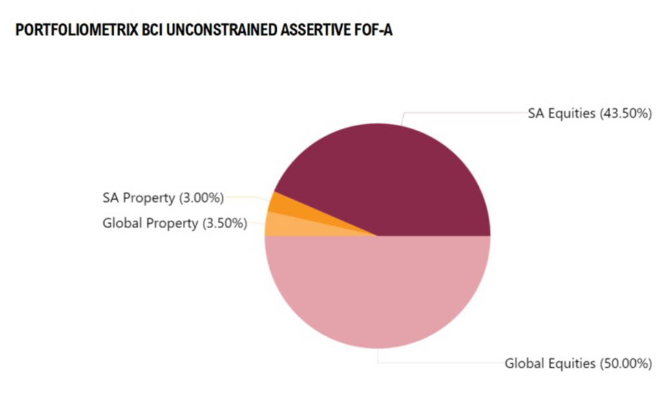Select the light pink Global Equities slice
click(x=378, y=291)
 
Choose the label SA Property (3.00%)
click(x=163, y=197)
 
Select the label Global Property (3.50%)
click(x=174, y=224)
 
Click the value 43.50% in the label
click(x=626, y=113)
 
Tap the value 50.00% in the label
click(x=625, y=363)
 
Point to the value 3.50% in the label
click(x=224, y=224)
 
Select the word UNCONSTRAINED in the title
click(x=229, y=30)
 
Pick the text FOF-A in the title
click(x=375, y=30)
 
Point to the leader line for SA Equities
click(x=465, y=112)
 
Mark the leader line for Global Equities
click(x=439, y=362)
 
